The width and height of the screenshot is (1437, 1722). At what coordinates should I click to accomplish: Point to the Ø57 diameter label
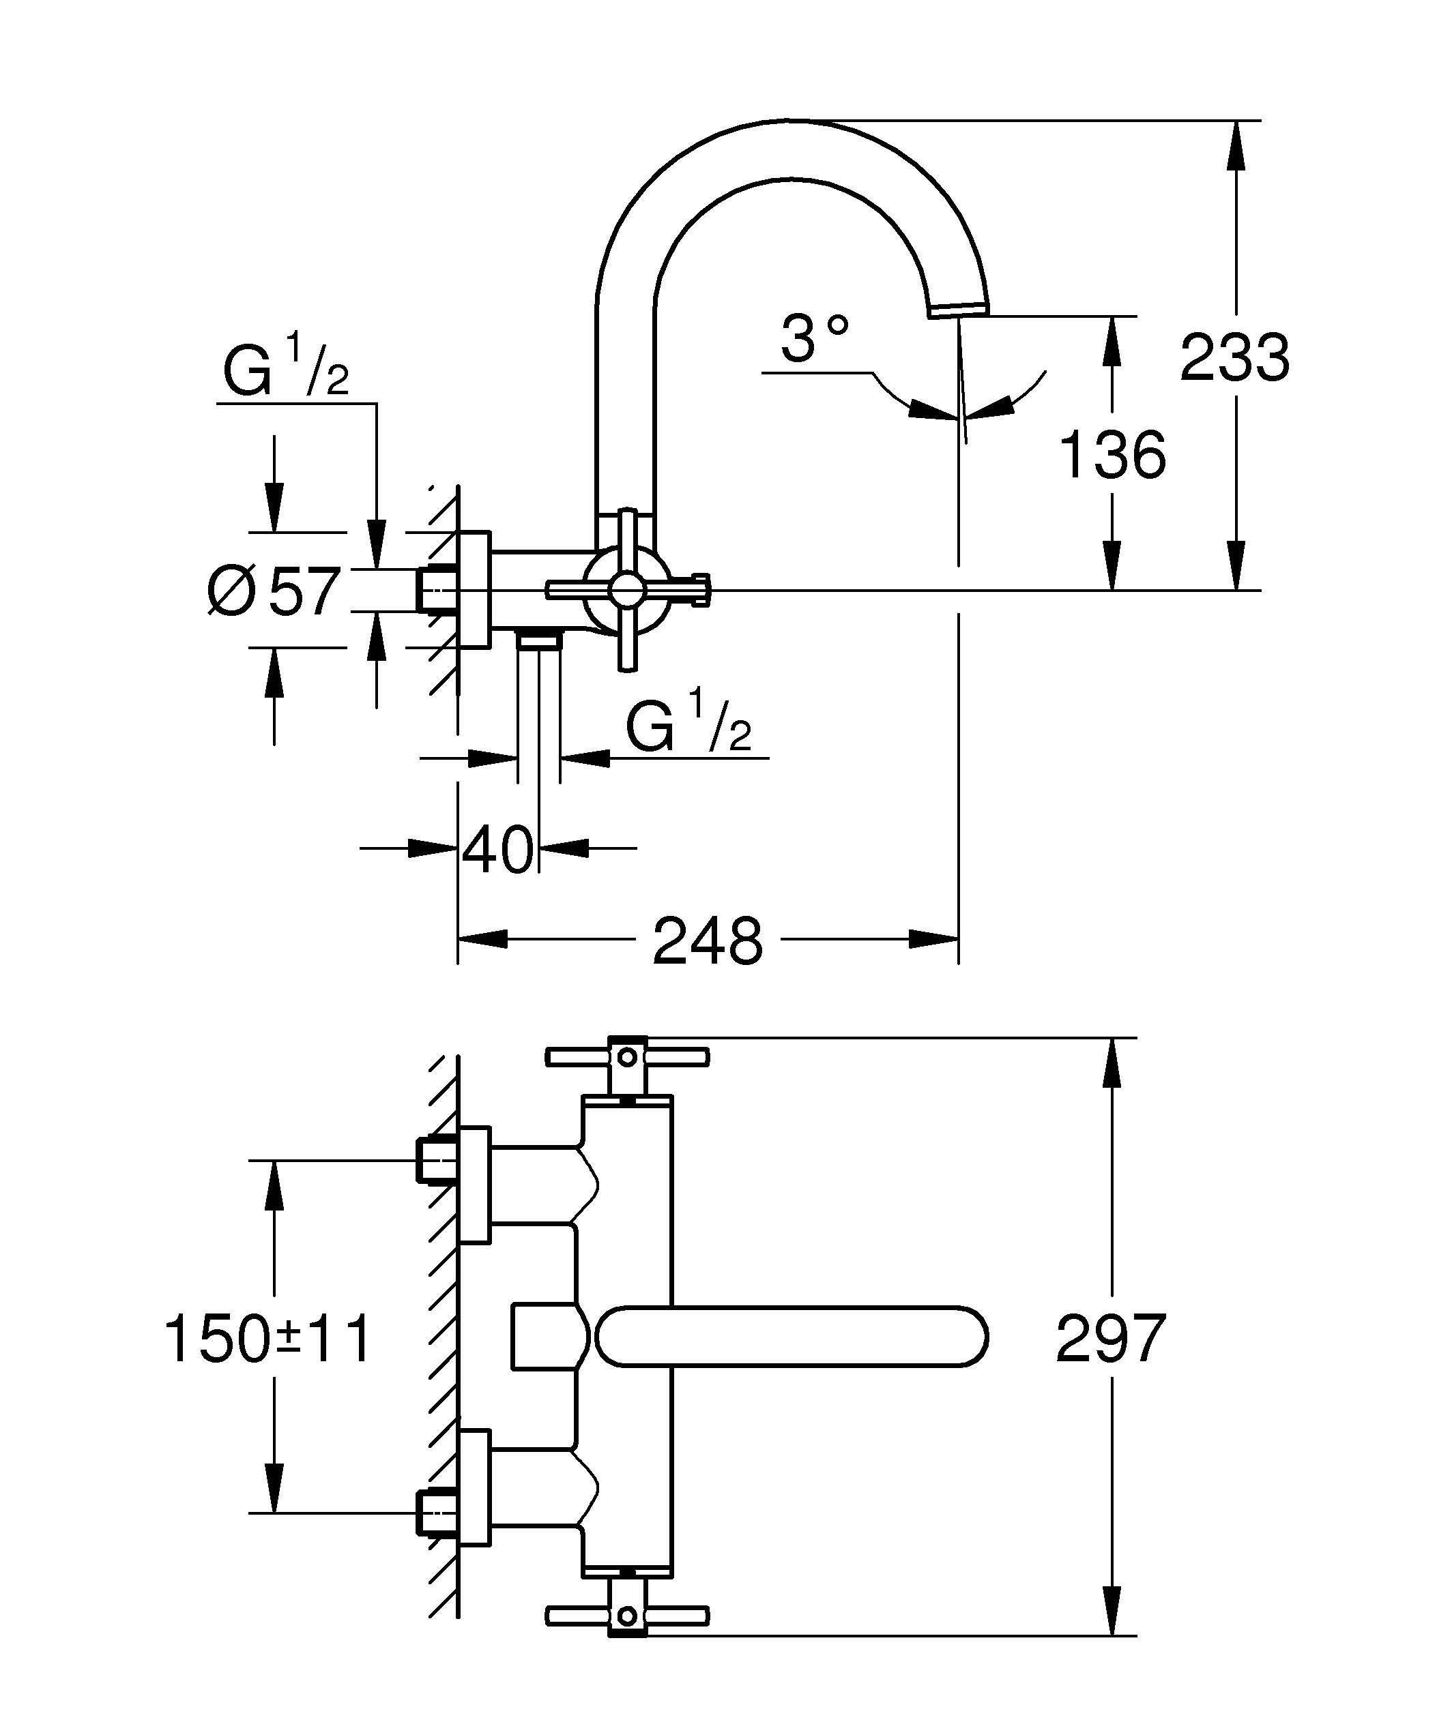coord(274,591)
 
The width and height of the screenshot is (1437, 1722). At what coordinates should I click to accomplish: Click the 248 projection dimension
coord(707,940)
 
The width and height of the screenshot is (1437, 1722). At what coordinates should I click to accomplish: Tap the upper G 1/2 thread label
coord(285,374)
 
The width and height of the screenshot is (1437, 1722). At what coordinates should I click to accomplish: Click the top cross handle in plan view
coord(626,1058)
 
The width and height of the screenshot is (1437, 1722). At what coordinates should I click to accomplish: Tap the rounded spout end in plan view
coord(968,1337)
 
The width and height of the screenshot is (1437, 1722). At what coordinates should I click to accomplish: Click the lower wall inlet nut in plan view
coord(435,1513)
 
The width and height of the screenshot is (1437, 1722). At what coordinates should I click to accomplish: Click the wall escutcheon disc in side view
coord(474,590)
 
